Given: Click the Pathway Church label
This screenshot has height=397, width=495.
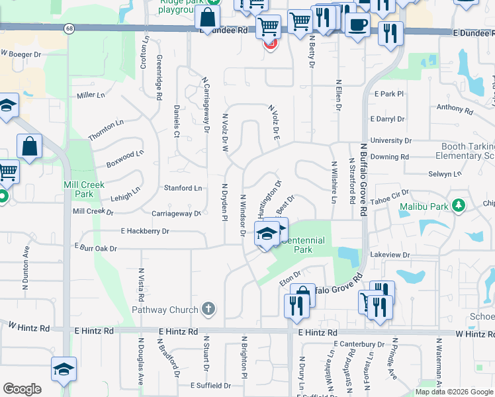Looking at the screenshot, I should point(165,310).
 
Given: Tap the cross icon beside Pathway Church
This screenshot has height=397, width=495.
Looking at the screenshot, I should point(208,309).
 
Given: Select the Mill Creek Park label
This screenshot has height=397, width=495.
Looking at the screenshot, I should point(83,189).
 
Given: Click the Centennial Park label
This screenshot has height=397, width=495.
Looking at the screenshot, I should point(302,245).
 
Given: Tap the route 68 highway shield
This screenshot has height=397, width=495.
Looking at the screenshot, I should point(69,28).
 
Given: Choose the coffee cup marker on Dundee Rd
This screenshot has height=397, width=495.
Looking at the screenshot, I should point(357,26).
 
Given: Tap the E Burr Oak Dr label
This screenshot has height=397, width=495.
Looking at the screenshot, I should point(95,249).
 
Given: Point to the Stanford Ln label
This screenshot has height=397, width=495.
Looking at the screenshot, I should point(183,189).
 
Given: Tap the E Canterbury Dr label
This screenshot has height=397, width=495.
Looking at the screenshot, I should point(359,344).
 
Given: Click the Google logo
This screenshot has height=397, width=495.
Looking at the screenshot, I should point(22,389).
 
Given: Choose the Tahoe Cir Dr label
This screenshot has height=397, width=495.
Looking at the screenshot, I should point(390,195).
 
